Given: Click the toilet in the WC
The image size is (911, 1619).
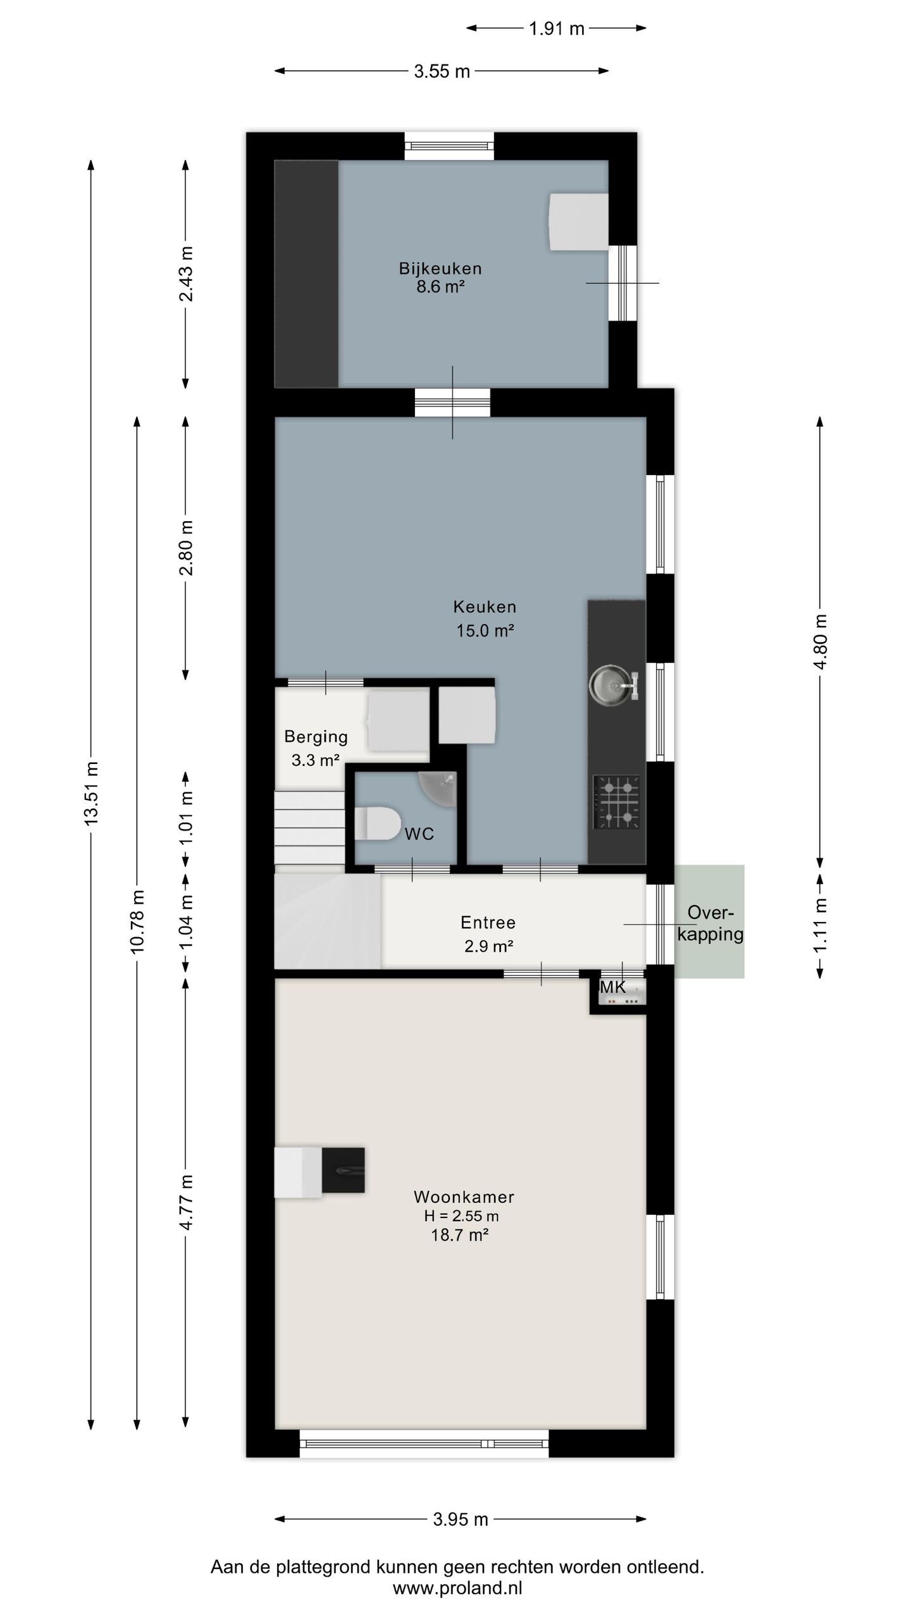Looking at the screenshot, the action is [x=378, y=823].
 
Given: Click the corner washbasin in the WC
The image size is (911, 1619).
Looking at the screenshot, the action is [x=439, y=787].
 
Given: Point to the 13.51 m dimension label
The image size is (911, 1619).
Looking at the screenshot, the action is [x=92, y=793].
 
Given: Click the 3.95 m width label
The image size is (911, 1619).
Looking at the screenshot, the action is [x=461, y=1519].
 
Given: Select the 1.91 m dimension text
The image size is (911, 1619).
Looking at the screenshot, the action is [x=557, y=28].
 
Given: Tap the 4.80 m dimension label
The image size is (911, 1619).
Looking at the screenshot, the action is [x=821, y=642].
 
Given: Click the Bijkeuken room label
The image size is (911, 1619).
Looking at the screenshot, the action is [x=440, y=269].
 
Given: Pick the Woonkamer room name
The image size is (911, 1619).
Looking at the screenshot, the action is [x=464, y=1197].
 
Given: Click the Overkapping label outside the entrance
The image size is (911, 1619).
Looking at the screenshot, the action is [x=710, y=923].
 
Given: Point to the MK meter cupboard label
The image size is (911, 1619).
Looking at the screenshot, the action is [x=612, y=987].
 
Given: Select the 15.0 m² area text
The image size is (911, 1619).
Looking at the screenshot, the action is [x=485, y=631].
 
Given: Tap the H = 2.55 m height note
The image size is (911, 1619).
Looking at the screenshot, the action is [x=461, y=1216].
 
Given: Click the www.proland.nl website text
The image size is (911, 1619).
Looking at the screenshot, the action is [x=457, y=1588].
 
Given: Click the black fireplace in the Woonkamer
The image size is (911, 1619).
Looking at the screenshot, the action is [x=343, y=1171].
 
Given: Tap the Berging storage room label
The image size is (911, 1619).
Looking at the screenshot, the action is [x=316, y=737].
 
